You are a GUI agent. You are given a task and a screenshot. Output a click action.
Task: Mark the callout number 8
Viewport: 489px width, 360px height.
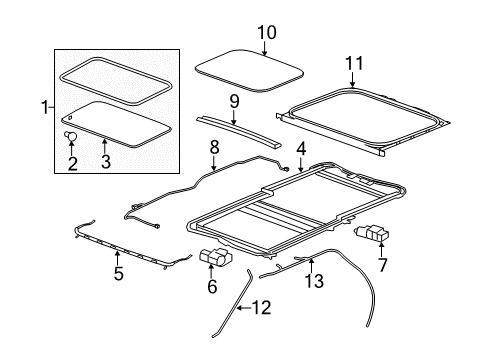click(212, 150)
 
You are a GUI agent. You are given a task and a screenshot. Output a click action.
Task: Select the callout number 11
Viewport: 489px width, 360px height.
click(350, 65)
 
